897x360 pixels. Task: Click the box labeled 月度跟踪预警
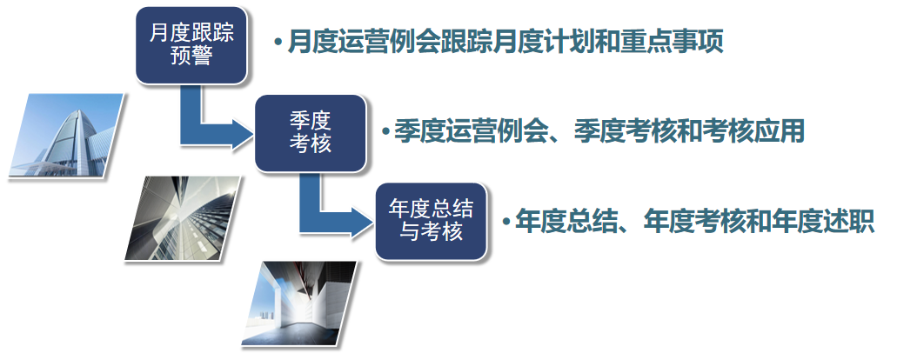(x=191, y=45)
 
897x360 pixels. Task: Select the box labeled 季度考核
(x=310, y=133)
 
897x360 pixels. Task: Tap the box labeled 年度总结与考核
(x=431, y=221)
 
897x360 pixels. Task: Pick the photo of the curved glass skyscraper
(x=66, y=135)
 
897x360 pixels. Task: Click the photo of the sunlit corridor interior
(x=299, y=303)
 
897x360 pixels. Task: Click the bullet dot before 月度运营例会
(x=278, y=43)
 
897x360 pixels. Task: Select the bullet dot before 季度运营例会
(x=385, y=131)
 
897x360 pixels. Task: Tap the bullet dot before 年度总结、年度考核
(x=506, y=221)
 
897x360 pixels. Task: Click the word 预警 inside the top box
(x=191, y=57)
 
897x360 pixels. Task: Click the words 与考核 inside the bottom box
(x=431, y=232)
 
